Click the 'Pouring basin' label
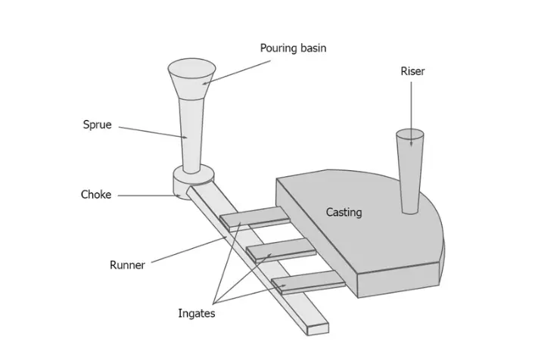293,48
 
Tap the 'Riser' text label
412,71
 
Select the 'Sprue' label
97,125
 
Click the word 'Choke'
96,194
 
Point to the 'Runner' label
127,265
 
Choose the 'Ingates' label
196,313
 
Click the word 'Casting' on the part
344,213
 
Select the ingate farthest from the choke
306,283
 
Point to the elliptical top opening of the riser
410,137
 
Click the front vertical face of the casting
398,281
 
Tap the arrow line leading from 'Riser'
412,106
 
